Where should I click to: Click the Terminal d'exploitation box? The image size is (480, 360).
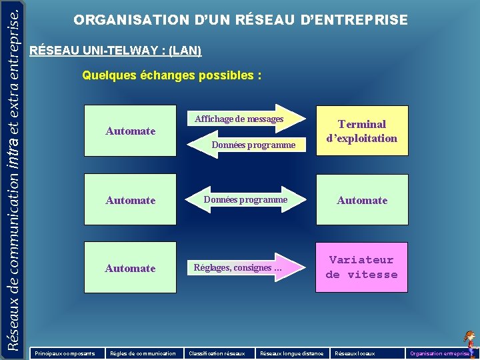(362, 131)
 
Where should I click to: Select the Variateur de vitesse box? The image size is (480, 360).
(362, 267)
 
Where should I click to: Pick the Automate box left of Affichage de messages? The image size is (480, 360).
(130, 131)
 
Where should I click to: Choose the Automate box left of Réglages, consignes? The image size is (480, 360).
(130, 268)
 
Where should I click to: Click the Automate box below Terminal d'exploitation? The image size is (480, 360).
(362, 200)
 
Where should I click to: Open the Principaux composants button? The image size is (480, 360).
(65, 353)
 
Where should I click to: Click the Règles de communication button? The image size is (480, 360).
(143, 353)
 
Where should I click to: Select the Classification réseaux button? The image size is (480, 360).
(217, 353)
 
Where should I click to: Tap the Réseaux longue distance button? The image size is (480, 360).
(291, 353)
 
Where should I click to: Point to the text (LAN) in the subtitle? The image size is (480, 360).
(185, 51)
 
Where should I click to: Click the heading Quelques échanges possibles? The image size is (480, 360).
(171, 76)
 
